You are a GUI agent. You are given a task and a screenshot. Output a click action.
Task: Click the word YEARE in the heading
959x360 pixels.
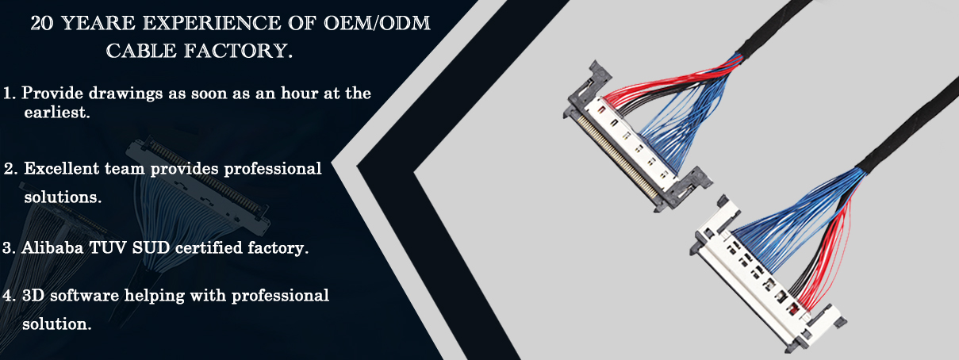[x=99, y=23]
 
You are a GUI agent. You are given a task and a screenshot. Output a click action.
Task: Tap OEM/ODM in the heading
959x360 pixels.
[x=377, y=23]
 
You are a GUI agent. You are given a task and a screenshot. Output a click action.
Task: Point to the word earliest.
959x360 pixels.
[x=57, y=113]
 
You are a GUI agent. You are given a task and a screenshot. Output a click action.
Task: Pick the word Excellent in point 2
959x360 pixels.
[x=62, y=169]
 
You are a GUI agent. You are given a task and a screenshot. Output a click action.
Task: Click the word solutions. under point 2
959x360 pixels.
[x=63, y=197]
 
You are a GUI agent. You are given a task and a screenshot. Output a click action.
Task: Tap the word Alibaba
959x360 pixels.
[x=52, y=248]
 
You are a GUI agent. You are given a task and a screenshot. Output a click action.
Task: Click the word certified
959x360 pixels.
[x=209, y=248]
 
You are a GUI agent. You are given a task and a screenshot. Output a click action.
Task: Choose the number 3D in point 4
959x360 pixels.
[x=33, y=295]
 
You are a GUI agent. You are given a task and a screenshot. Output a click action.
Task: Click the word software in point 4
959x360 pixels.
[x=84, y=295]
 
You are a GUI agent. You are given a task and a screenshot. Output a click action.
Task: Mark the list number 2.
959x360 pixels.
[x=10, y=169]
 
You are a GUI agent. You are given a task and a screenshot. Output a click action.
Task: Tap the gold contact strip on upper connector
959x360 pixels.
[x=617, y=157]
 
